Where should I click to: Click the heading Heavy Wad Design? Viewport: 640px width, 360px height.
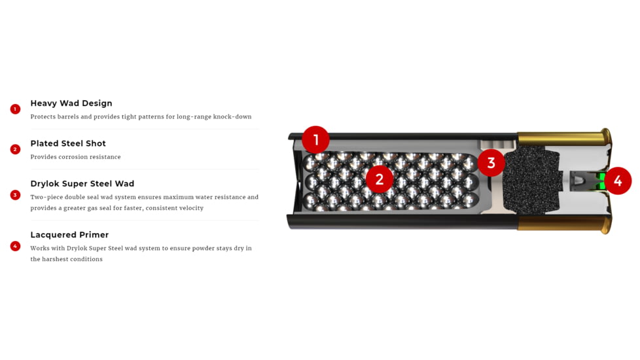(x=71, y=103)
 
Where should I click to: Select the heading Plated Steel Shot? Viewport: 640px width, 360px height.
(x=68, y=143)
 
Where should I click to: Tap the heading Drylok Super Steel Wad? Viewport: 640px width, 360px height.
(x=82, y=184)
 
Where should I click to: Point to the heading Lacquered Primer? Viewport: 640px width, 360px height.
(x=69, y=235)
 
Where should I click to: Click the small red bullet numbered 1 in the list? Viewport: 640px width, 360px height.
(x=15, y=109)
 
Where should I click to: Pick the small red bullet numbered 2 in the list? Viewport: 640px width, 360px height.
(x=15, y=149)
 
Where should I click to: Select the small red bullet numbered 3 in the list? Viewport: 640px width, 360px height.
(x=15, y=195)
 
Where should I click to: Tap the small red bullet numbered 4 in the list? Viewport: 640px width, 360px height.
(x=15, y=246)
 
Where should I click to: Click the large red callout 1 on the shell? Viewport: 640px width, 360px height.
(x=315, y=139)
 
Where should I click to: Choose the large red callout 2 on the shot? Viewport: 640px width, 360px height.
(x=379, y=179)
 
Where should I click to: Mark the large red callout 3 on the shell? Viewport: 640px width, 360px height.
(x=491, y=163)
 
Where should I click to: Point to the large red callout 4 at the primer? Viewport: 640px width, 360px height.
(x=618, y=181)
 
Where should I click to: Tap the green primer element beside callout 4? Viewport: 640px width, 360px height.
(x=600, y=181)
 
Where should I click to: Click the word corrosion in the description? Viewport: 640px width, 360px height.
(x=75, y=157)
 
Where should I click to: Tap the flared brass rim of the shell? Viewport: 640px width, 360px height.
(x=607, y=181)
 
